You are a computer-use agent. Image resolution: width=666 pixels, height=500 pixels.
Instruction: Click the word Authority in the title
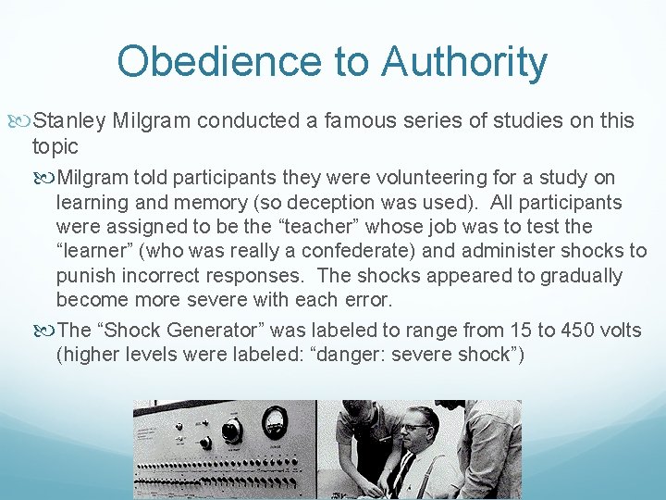(x=464, y=62)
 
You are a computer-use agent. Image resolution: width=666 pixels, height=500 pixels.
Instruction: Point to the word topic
(x=55, y=145)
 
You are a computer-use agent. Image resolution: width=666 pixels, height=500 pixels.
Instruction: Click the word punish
(x=84, y=276)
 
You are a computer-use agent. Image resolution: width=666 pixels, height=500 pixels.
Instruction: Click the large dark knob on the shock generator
(x=231, y=431)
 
